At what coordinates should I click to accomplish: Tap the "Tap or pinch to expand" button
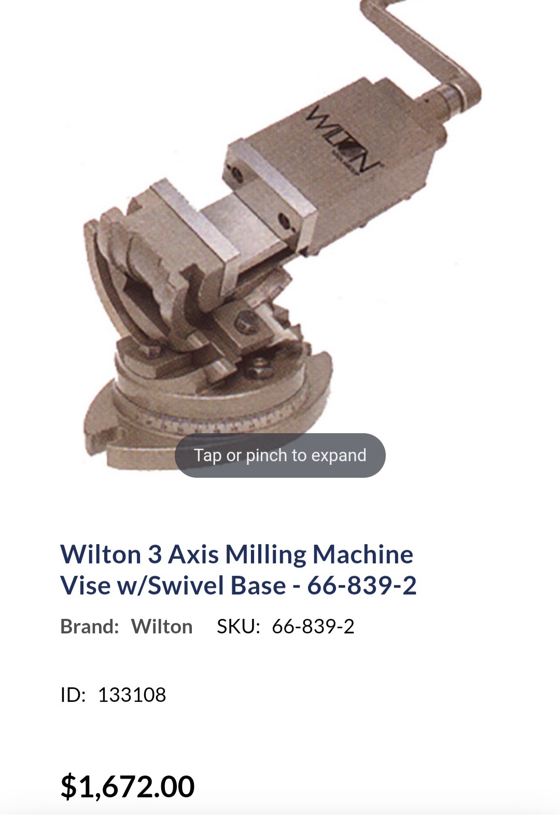tap(280, 455)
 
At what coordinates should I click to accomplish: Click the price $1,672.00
tap(128, 786)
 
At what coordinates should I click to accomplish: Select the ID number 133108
tap(132, 695)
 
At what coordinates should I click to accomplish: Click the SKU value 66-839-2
tap(313, 627)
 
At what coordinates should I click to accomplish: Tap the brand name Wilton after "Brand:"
tap(162, 627)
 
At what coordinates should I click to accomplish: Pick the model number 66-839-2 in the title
tap(362, 586)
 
